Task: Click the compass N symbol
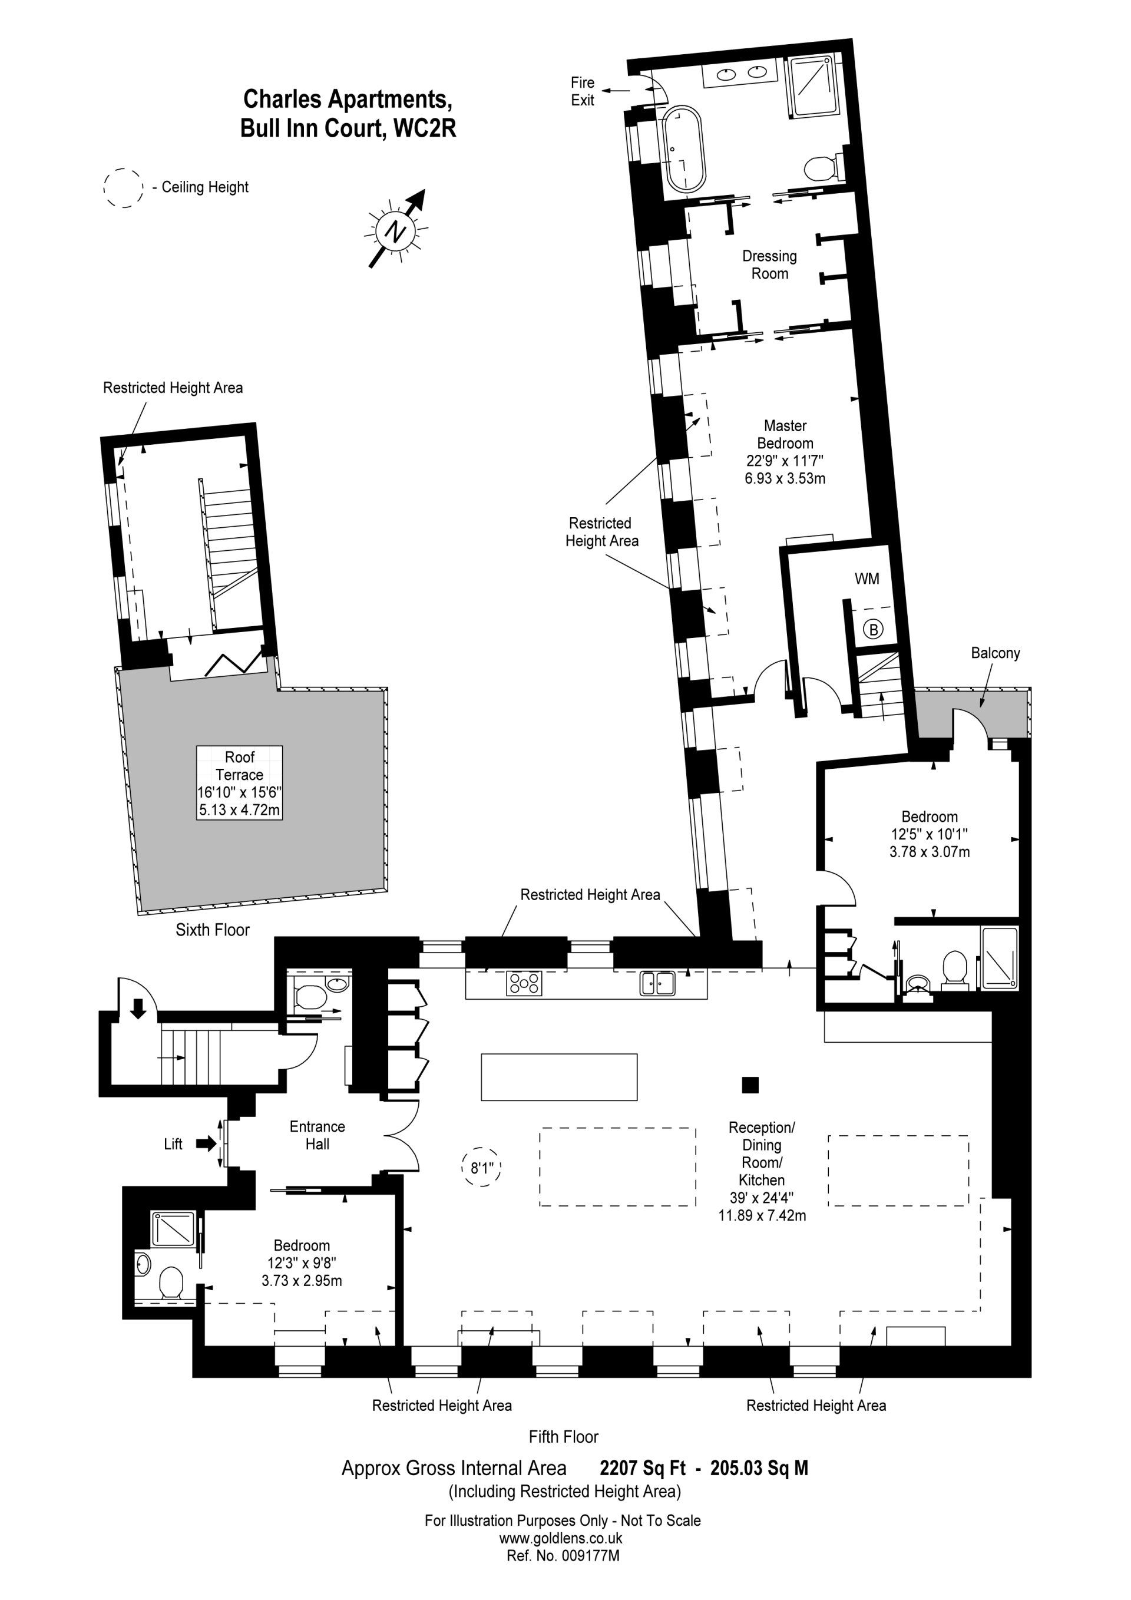396,232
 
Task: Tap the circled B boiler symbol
872,630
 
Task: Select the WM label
867,578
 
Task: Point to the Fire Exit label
583,91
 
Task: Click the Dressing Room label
769,265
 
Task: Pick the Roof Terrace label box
239,782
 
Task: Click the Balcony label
995,653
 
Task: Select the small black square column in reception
750,1085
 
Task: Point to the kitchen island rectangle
559,1077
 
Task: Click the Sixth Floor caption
213,930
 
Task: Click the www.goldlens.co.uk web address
561,1538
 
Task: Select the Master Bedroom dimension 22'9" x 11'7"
784,461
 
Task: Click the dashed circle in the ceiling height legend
123,187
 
